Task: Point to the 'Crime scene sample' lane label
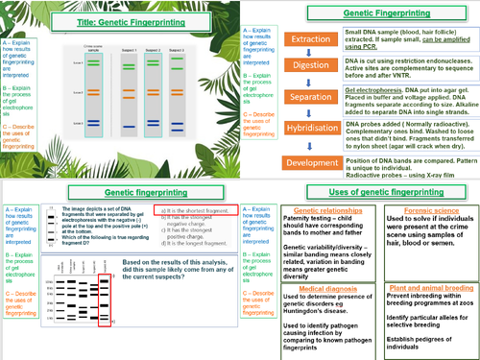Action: click(x=91, y=47)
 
